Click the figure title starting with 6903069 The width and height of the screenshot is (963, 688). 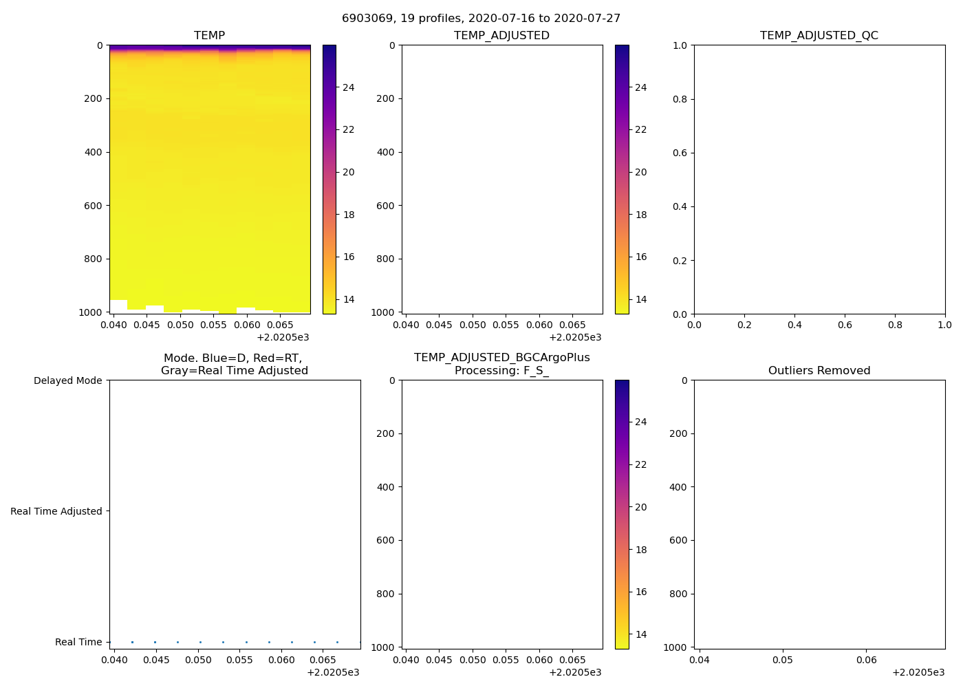[x=481, y=19]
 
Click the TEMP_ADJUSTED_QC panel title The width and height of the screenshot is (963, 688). [x=819, y=36]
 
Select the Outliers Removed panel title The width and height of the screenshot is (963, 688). [x=819, y=371]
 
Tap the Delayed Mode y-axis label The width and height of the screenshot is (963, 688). [x=67, y=380]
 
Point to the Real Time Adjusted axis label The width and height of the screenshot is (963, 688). [x=56, y=511]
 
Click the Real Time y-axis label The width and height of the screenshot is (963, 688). [x=78, y=642]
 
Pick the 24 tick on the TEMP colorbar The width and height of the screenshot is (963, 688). [x=348, y=87]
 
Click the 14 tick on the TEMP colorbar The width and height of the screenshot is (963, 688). [x=348, y=299]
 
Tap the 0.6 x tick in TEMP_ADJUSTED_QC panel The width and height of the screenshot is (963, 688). [x=845, y=325]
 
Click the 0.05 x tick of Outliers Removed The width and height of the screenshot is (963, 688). [x=783, y=660]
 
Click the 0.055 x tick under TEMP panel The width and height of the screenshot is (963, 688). [x=213, y=325]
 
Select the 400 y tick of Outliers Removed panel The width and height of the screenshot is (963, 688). [x=678, y=487]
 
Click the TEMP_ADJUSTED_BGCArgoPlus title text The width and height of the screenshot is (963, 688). [x=501, y=358]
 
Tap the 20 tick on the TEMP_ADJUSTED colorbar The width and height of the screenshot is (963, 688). [x=640, y=172]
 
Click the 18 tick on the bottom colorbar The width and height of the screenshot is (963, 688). [x=640, y=550]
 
